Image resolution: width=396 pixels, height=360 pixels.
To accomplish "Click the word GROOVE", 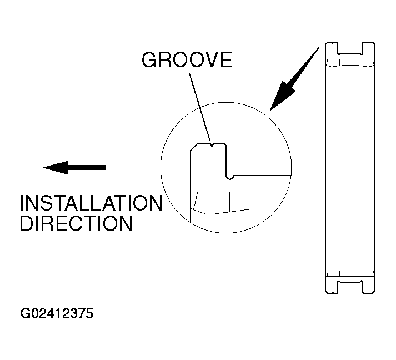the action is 187,60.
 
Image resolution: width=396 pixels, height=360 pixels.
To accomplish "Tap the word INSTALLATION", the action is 91,203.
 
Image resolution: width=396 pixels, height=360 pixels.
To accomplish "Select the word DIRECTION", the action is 76,223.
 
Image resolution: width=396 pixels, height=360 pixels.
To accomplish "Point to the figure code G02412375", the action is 57,313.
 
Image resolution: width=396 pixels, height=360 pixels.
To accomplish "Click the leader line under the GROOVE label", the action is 199,106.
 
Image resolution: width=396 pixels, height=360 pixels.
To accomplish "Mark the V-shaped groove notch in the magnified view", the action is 213,146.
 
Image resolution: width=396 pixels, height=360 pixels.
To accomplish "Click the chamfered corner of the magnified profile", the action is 194,147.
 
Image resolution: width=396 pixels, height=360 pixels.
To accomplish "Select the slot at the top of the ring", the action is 349,49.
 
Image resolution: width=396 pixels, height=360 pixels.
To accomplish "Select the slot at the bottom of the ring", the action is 349,284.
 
